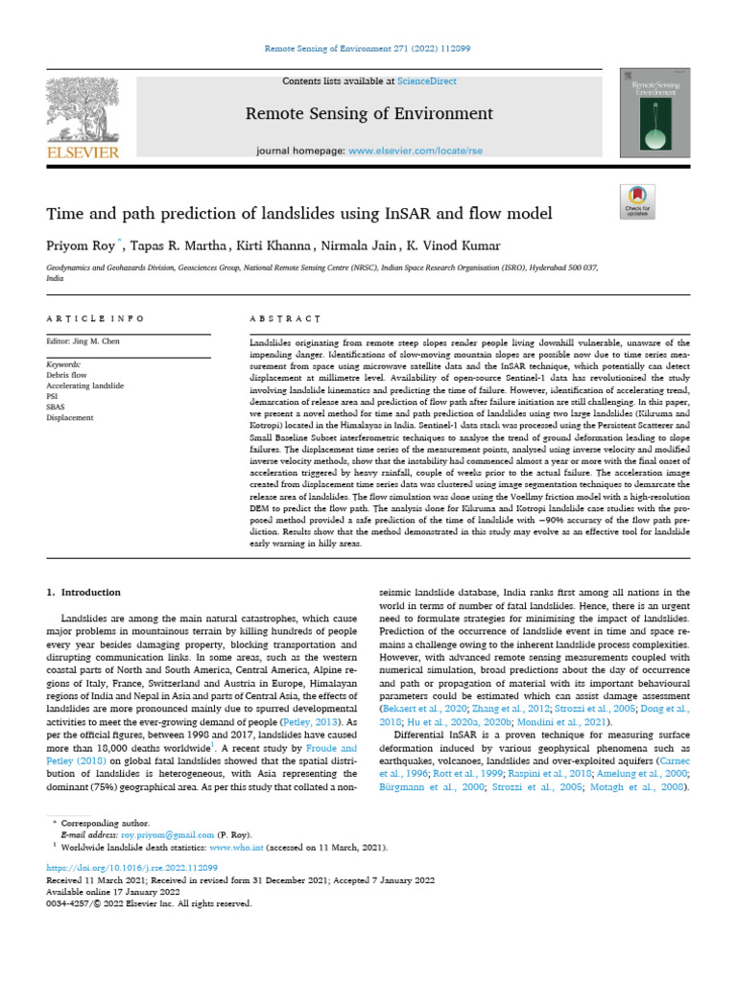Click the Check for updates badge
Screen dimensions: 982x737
pos(637,204)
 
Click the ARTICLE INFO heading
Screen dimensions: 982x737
pos(95,318)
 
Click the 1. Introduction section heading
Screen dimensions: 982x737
pos(84,593)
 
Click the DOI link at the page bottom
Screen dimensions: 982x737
pos(120,866)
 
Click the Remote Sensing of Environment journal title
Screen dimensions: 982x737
pos(368,114)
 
